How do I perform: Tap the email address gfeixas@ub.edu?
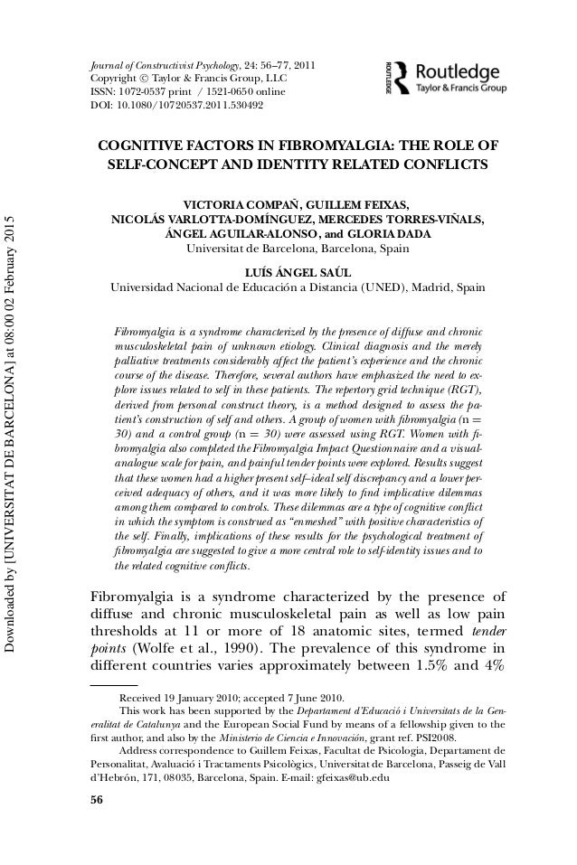351,777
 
